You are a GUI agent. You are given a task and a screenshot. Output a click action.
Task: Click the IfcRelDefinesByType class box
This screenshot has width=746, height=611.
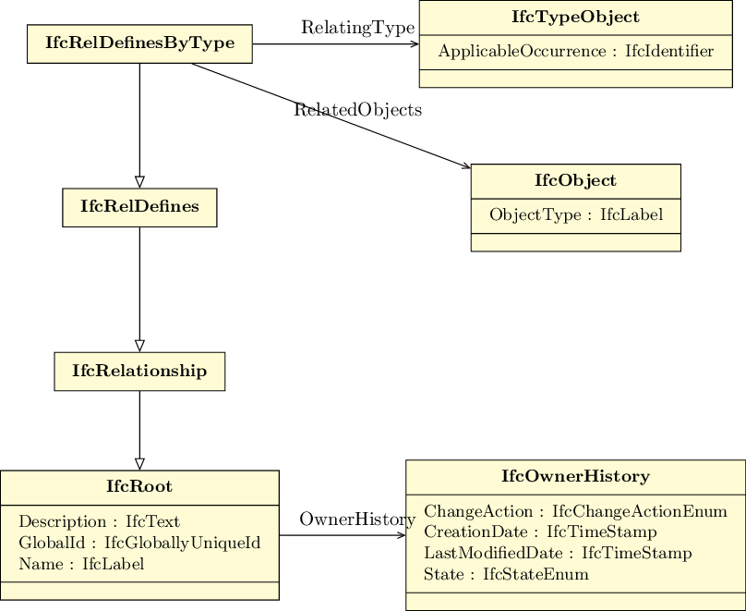point(139,43)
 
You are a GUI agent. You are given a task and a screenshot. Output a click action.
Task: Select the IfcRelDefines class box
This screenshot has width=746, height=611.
point(139,208)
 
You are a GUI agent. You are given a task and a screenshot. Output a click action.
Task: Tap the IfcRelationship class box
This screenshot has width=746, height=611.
point(139,372)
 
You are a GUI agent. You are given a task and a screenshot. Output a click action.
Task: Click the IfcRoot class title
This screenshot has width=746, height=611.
point(139,487)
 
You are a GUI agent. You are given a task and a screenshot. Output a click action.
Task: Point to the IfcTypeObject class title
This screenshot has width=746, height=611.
point(576,18)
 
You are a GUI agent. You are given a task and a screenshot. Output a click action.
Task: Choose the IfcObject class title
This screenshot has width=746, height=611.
point(576,181)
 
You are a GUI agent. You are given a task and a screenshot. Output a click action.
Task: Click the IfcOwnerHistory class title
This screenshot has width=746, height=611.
point(576,476)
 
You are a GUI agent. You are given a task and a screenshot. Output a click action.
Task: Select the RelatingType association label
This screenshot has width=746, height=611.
point(358,28)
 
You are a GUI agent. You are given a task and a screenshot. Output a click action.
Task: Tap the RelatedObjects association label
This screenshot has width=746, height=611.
point(358,110)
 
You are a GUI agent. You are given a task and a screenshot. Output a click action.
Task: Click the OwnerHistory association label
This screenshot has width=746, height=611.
point(358,519)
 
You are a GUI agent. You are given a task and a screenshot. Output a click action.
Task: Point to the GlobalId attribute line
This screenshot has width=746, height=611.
point(140,543)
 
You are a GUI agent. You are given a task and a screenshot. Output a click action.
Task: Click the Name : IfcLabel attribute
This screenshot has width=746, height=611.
point(81,565)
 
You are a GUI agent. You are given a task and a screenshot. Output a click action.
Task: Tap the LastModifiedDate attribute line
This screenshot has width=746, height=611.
point(558,554)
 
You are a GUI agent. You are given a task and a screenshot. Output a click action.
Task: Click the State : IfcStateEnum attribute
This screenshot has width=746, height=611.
point(506,574)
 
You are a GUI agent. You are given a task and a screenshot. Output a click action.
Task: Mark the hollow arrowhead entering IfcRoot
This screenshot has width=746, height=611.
point(139,464)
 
